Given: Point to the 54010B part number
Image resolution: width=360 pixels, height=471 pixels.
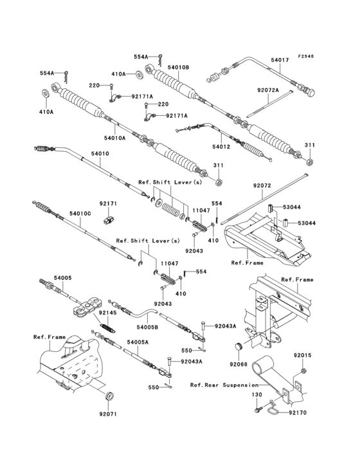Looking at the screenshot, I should coord(177,66).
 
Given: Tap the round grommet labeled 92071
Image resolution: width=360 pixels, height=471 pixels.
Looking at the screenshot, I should coord(109,394).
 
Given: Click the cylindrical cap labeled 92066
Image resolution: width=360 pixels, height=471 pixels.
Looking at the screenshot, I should coord(239,347).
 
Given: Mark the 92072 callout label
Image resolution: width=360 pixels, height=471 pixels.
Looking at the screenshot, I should coord(262,185).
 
